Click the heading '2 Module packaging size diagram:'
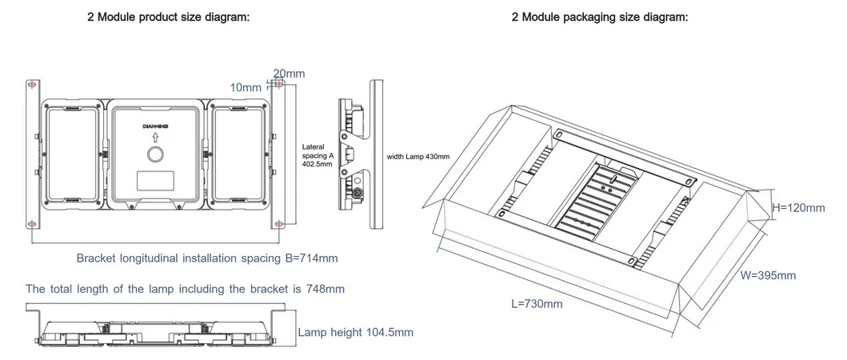599,18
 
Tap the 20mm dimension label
289,74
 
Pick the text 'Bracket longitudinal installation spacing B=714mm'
207,258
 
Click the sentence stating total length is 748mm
185,288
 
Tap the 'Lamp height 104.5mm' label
355,332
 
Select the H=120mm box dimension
797,207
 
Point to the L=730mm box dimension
537,303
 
